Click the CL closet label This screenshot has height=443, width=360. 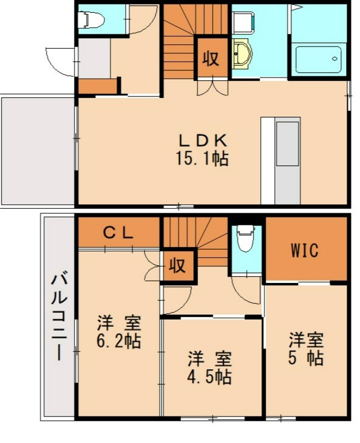click(119, 233)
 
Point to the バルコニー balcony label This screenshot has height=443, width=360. click(59, 316)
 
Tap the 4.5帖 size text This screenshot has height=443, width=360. click(209, 377)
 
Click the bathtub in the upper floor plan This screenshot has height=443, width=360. click(318, 59)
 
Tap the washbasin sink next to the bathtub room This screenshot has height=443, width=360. click(241, 55)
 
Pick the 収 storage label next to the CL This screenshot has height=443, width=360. click(177, 265)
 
